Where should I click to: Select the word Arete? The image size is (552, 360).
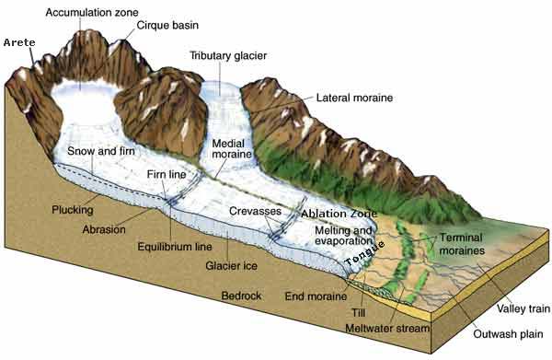point(19,42)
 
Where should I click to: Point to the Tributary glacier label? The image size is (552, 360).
point(228,55)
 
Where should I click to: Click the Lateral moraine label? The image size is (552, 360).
point(355,97)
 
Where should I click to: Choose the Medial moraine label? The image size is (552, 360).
point(231,151)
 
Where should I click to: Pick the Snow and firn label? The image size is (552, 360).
point(102,151)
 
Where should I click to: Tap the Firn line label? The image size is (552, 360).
point(168,173)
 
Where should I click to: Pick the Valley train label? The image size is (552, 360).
point(500,308)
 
